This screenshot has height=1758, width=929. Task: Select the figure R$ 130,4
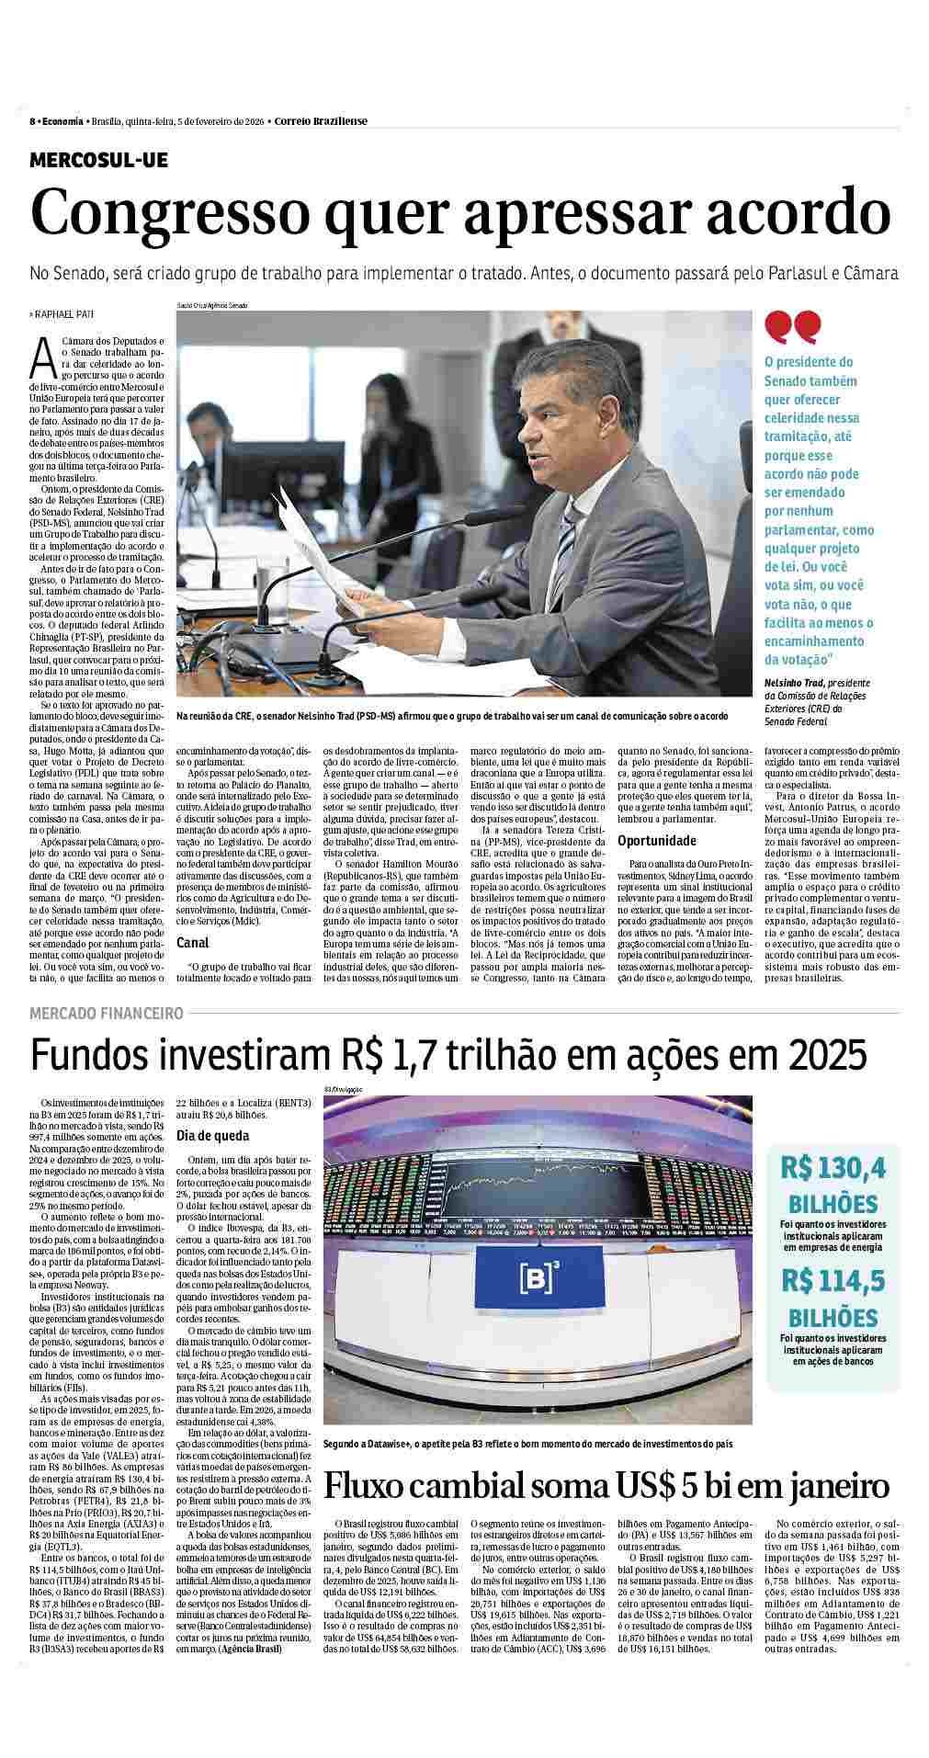833,1167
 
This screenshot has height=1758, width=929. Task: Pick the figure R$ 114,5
833,1280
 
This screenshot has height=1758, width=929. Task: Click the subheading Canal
192,942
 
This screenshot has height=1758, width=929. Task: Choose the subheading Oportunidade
656,841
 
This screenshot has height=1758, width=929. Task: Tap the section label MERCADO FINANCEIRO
107,1013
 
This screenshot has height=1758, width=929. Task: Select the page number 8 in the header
32,121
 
